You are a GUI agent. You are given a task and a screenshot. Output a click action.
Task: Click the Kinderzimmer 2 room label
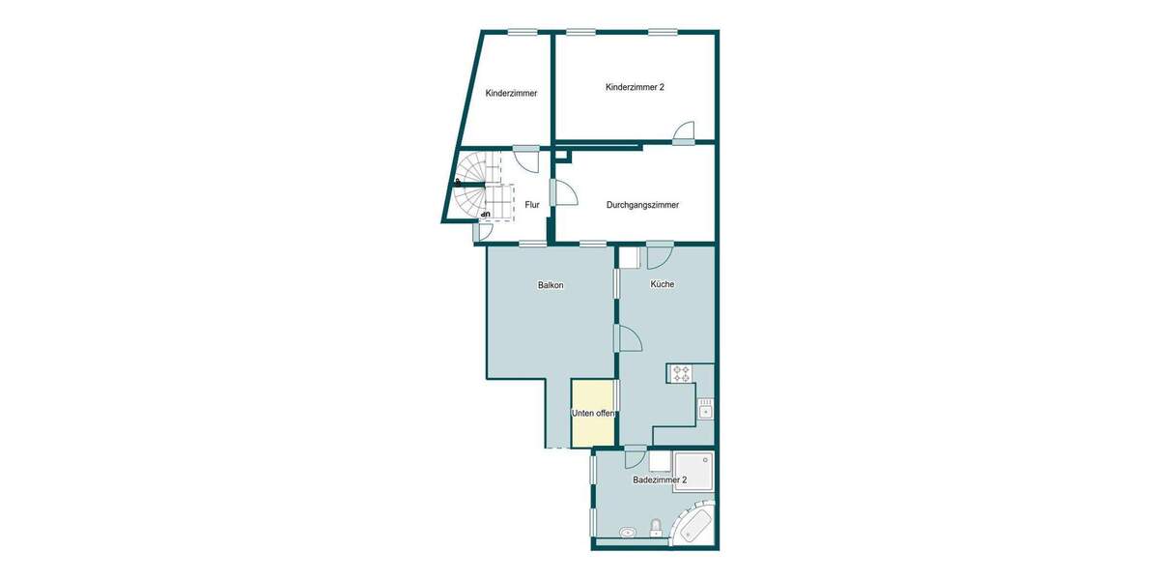point(635,87)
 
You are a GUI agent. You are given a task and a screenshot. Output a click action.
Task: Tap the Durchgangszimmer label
point(642,205)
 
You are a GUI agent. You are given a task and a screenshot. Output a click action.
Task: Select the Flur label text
point(532,205)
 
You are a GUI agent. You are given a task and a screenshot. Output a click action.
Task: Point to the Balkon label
point(551,285)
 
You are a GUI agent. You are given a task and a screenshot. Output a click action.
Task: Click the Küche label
point(663,284)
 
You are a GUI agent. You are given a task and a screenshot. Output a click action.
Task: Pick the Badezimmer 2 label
point(660,480)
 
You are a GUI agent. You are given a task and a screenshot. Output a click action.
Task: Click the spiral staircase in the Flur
point(478,188)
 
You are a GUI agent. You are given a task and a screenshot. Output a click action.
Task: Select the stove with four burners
point(681,373)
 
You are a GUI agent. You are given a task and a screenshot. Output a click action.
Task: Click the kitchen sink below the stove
point(705,408)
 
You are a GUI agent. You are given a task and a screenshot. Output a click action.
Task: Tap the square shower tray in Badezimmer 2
point(693,471)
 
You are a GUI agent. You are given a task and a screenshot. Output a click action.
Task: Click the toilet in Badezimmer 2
point(657,528)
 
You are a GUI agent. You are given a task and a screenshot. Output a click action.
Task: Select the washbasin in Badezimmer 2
point(628,531)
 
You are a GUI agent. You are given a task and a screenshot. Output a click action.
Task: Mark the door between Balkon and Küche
point(628,338)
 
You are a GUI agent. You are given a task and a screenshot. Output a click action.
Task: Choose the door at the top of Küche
point(661,257)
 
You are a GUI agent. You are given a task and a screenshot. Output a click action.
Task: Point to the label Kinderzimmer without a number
point(511,94)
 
